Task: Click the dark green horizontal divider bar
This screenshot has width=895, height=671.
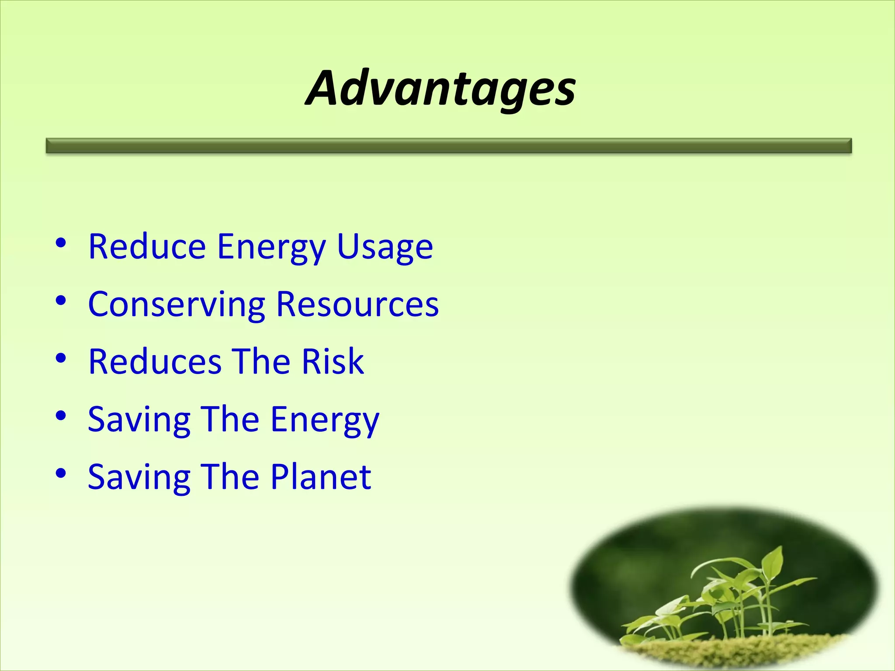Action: pyautogui.click(x=448, y=145)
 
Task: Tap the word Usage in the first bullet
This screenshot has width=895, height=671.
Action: pyautogui.click(x=385, y=247)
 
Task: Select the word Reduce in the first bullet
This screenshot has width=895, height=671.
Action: pyautogui.click(x=147, y=247)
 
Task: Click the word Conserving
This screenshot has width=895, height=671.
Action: pyautogui.click(x=177, y=304)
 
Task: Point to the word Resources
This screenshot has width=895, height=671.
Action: pyautogui.click(x=357, y=304)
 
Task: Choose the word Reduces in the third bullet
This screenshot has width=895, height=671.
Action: pyautogui.click(x=155, y=362)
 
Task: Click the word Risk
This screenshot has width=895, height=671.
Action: pyautogui.click(x=333, y=362)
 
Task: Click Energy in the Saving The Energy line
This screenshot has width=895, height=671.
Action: pyautogui.click(x=325, y=420)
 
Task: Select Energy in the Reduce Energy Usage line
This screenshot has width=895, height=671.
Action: pyautogui.click(x=271, y=248)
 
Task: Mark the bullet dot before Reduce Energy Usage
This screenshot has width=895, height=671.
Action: pyautogui.click(x=61, y=243)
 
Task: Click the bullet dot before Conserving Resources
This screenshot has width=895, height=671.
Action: pyautogui.click(x=61, y=301)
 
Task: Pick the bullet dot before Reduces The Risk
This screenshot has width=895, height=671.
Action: pyautogui.click(x=61, y=358)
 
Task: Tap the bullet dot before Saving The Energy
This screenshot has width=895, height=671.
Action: pyautogui.click(x=61, y=415)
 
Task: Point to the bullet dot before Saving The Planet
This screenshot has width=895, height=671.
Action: pyautogui.click(x=61, y=473)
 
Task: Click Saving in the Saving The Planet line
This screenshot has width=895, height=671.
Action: pyautogui.click(x=139, y=477)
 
